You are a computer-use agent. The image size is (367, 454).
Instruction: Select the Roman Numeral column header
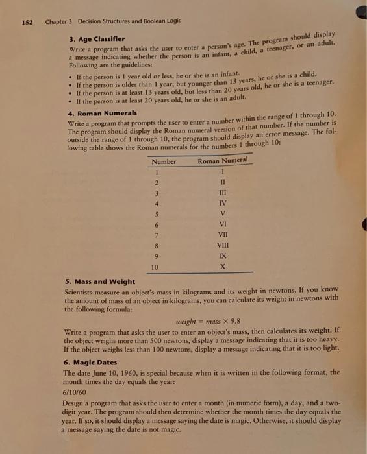point(223,160)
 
